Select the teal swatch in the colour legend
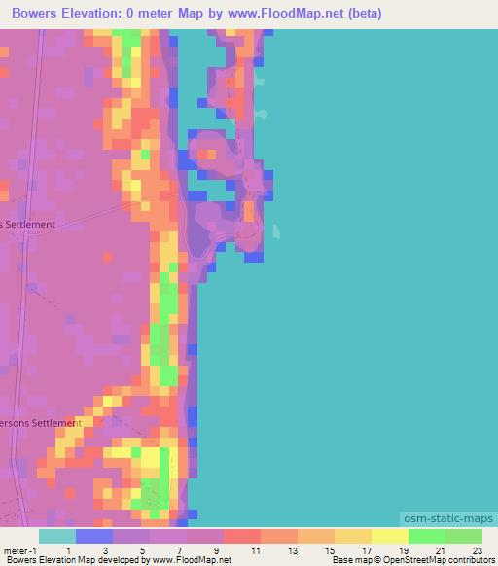(x=56, y=536)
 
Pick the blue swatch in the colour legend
(x=93, y=536)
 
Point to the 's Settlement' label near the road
(x=28, y=224)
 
